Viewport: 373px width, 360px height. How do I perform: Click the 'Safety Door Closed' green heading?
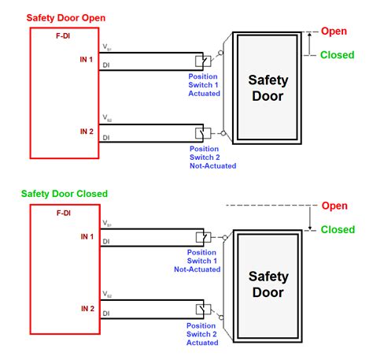click(x=65, y=192)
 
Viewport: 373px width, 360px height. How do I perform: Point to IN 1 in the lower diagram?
click(x=87, y=236)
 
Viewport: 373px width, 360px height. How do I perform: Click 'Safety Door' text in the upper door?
click(x=268, y=89)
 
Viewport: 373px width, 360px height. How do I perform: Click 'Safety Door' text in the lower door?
click(x=268, y=285)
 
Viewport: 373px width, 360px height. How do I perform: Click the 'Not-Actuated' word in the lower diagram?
click(x=197, y=269)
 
